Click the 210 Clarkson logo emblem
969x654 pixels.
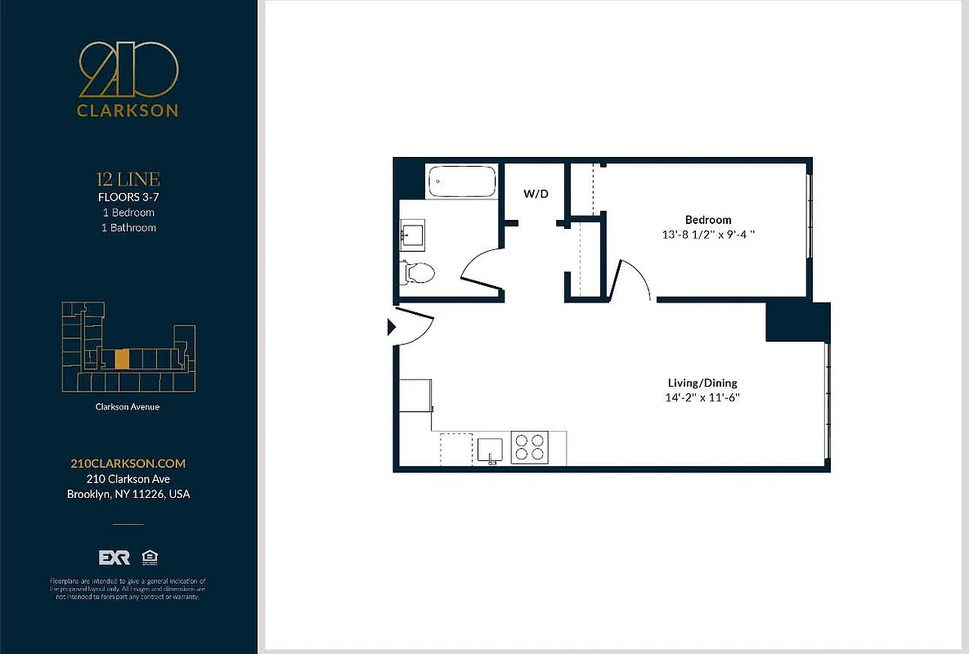128,69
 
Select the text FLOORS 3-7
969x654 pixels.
128,197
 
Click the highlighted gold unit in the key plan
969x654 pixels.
122,359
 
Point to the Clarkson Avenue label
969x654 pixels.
128,406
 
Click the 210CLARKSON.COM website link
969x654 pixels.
128,464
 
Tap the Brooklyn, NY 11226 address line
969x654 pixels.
128,494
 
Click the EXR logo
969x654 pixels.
114,558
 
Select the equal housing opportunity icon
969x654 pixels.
149,558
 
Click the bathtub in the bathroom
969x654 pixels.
462,181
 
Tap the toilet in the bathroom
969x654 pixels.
418,271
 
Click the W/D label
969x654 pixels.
536,194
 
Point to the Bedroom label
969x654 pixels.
708,220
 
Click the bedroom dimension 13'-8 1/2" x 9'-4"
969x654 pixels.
708,235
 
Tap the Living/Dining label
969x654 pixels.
703,383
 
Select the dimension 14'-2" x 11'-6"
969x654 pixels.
703,398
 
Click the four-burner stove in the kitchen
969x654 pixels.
528,448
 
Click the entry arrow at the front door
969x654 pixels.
391,328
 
